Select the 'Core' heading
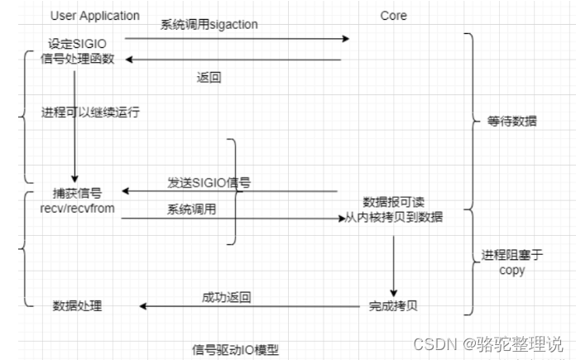coord(393,16)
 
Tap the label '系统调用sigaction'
coord(209,25)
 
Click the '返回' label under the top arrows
coord(209,78)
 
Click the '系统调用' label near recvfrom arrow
coord(192,209)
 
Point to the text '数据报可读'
coord(392,202)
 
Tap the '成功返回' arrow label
coord(226,296)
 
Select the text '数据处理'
coord(77,306)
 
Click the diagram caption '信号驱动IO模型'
coord(236,349)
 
